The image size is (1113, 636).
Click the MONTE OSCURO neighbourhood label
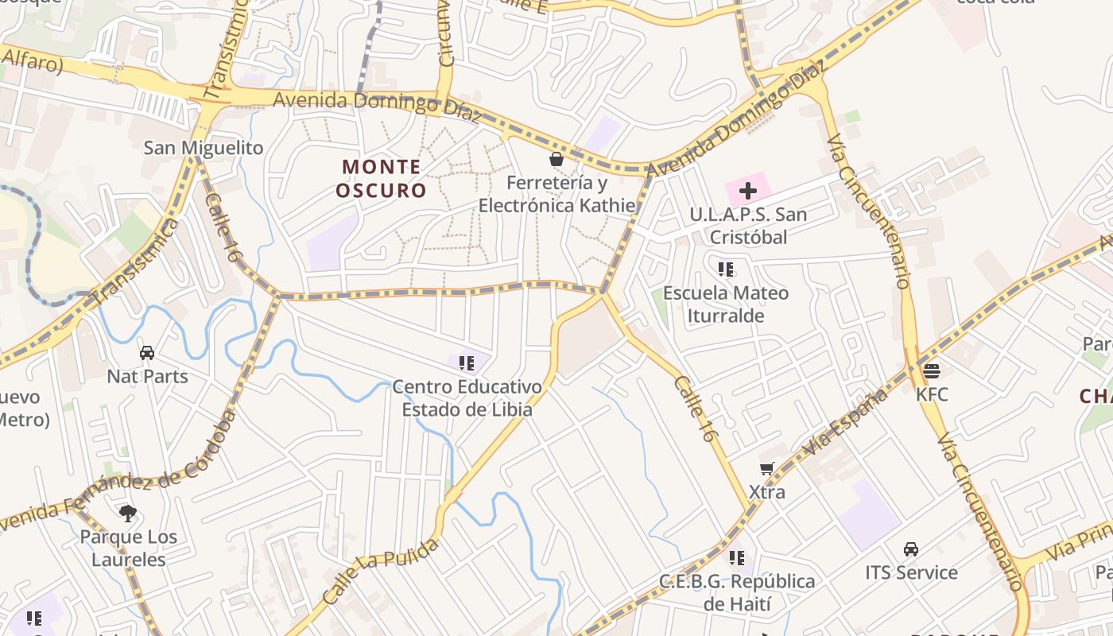(381, 179)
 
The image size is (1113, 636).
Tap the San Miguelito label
(203, 147)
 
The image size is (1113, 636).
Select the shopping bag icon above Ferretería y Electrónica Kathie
(556, 160)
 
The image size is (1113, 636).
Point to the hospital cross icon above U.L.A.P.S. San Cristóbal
(747, 191)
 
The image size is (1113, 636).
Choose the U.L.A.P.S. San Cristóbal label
(747, 226)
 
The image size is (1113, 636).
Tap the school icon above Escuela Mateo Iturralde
(725, 270)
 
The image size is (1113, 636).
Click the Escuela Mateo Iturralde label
(726, 304)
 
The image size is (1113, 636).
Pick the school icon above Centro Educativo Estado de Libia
(467, 363)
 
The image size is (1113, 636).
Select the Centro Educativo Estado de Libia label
(467, 398)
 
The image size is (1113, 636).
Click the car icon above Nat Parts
(147, 352)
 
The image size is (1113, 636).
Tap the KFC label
(932, 394)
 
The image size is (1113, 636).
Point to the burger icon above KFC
(932, 370)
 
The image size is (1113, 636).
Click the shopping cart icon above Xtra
(766, 469)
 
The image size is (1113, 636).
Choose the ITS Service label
(911, 572)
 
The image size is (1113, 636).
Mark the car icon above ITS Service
(911, 549)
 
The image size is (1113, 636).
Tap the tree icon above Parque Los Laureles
(127, 514)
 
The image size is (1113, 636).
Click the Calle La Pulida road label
(381, 581)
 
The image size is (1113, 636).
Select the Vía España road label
(845, 422)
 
